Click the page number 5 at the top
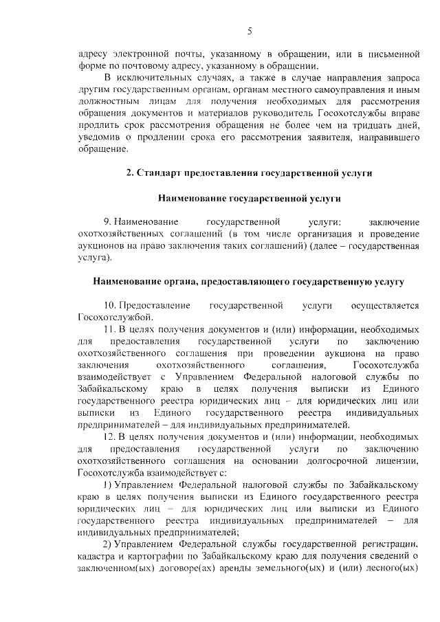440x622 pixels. point(250,31)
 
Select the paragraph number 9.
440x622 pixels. point(107,223)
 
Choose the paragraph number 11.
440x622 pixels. point(109,331)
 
